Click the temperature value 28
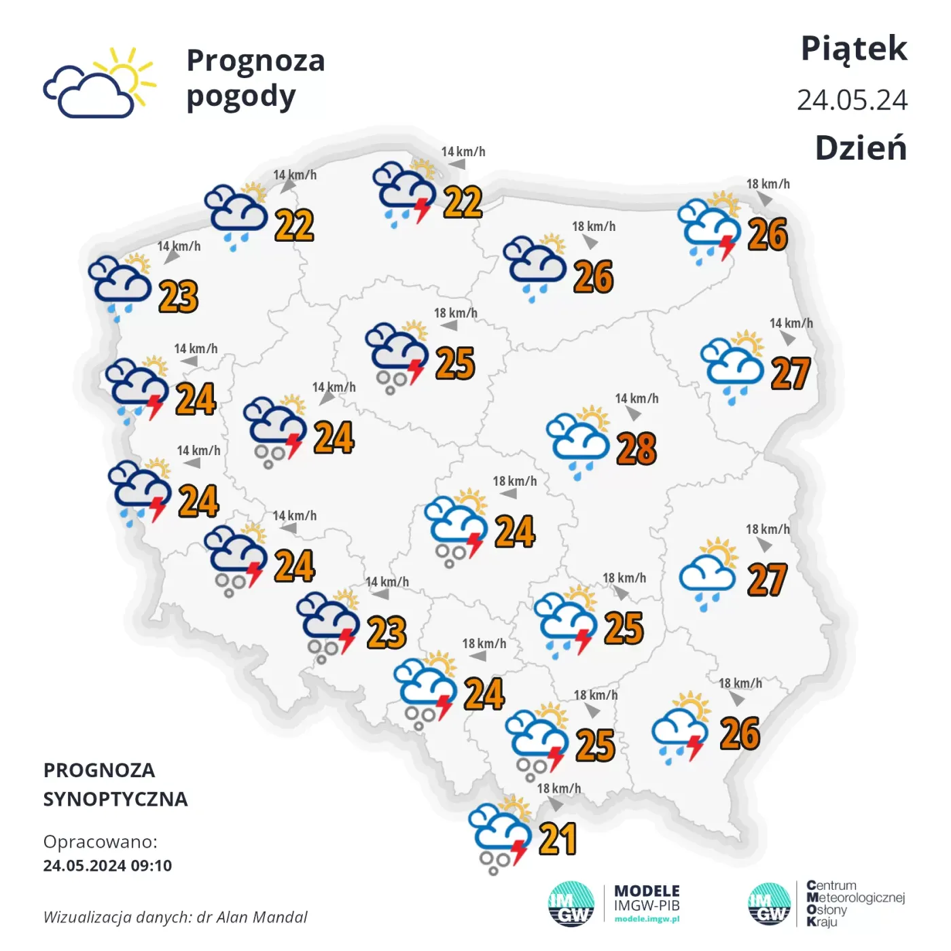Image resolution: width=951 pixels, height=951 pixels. [x=636, y=448]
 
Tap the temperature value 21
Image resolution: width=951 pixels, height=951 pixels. [x=558, y=839]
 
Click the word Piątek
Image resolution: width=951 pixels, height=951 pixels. [x=854, y=49]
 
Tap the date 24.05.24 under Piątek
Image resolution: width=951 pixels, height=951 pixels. [x=852, y=101]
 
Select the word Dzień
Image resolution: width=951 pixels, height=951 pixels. [x=861, y=147]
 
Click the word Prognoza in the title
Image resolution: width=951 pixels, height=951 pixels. [x=255, y=60]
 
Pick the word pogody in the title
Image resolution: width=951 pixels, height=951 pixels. [x=241, y=97]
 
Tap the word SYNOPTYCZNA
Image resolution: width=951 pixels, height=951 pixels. [x=115, y=799]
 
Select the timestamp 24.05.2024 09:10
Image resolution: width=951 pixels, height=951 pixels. [x=107, y=865]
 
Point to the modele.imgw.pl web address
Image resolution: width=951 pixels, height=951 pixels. [x=647, y=919]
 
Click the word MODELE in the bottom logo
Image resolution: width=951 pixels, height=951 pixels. [x=647, y=891]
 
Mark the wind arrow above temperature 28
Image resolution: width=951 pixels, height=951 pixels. [x=634, y=413]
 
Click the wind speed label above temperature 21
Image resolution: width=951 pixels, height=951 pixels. [x=559, y=789]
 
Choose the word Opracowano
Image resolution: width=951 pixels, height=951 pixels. [x=100, y=842]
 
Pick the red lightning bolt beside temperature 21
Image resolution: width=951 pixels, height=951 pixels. [x=520, y=851]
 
